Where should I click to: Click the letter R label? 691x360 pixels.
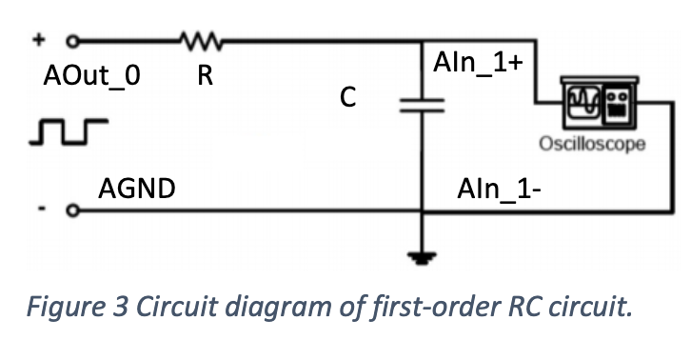point(203,77)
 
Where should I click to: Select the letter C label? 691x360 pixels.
point(348,98)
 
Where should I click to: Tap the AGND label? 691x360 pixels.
point(137,188)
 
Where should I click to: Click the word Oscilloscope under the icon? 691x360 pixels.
point(592,145)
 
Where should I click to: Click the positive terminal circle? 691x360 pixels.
point(70,42)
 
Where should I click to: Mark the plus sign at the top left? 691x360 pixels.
point(40,41)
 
